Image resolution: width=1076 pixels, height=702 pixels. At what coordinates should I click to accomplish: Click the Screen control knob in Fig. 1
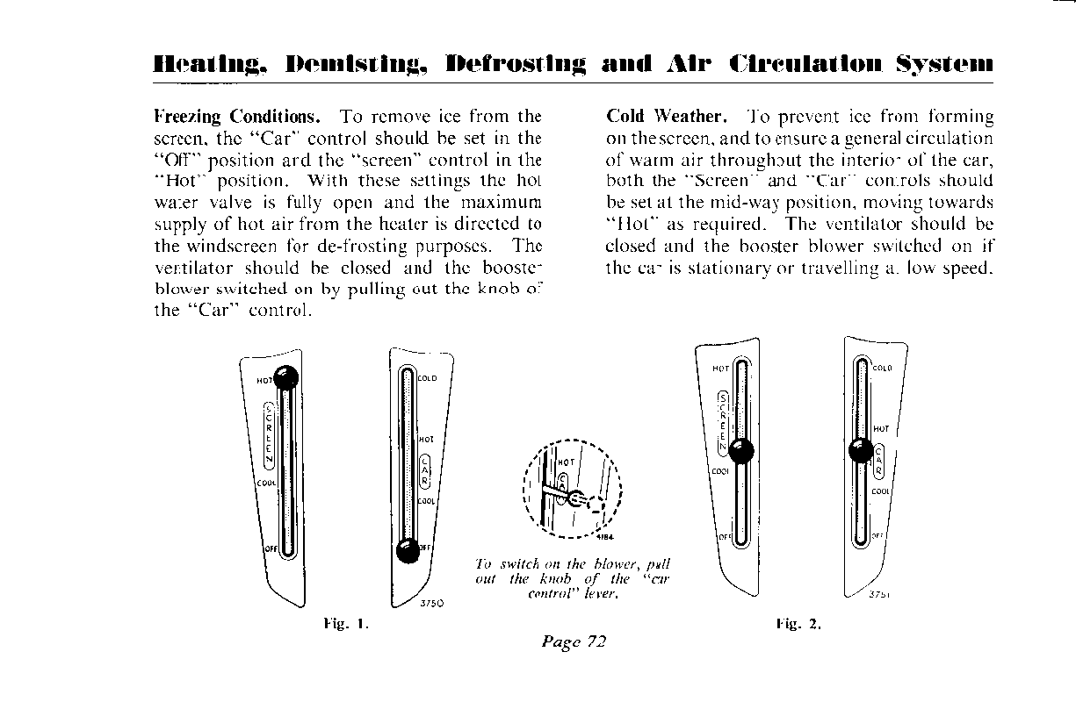[285, 378]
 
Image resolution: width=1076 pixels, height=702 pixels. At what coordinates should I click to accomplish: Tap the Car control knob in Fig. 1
[407, 550]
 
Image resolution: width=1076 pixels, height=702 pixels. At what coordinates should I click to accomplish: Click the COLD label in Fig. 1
[427, 379]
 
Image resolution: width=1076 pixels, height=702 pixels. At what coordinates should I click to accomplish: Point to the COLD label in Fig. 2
[882, 369]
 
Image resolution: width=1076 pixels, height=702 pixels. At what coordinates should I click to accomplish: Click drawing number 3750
[431, 603]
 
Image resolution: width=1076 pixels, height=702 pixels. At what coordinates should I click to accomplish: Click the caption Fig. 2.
[798, 625]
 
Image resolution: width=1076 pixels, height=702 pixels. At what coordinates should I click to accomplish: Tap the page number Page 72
[574, 641]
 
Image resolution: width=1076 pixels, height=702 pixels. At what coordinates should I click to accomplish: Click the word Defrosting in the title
[516, 64]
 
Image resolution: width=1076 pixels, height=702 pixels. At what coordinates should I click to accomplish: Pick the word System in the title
[945, 64]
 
